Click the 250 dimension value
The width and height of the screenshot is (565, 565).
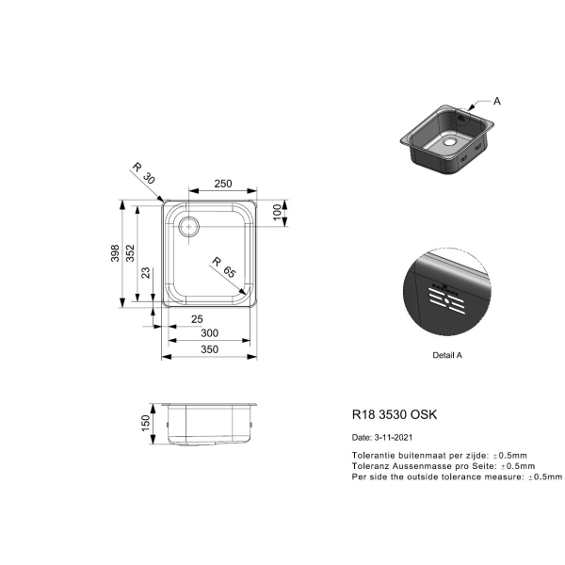tap(223, 184)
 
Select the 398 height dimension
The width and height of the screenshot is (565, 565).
tap(115, 253)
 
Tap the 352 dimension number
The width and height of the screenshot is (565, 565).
tap(131, 253)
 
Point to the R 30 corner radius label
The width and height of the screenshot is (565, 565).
tap(143, 173)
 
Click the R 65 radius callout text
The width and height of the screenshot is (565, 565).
tap(224, 267)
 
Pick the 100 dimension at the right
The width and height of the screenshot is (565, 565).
tap(277, 212)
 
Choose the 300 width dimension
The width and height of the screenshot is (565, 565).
tap(209, 333)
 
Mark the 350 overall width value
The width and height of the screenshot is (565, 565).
tap(209, 349)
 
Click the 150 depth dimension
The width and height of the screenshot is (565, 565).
tap(146, 423)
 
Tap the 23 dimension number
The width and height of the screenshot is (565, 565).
tap(146, 272)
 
